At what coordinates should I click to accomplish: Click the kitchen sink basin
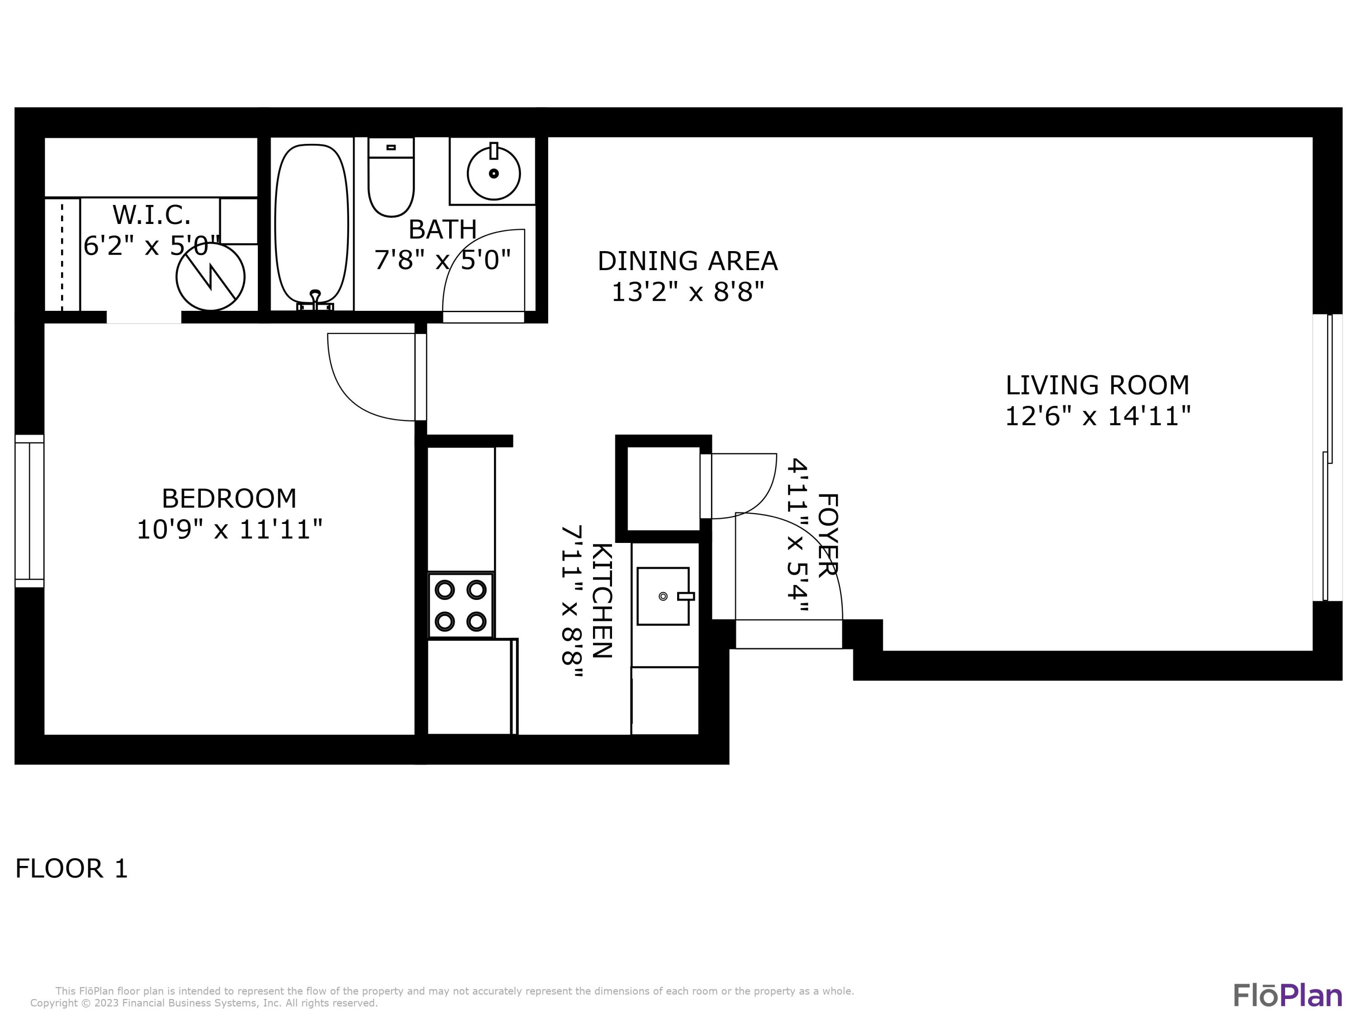[x=663, y=596]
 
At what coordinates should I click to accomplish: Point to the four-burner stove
[x=460, y=606]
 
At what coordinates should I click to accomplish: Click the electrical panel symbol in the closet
[x=210, y=277]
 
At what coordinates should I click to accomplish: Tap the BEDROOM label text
[x=229, y=498]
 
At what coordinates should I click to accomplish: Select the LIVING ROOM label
[x=1097, y=385]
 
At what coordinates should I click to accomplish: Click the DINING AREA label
[x=687, y=262]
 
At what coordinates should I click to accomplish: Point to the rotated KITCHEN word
[x=601, y=600]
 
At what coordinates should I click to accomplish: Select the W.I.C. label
[x=152, y=215]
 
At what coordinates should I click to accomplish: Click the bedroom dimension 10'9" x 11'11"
[x=229, y=529]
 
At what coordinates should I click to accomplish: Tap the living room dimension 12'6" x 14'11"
[x=1097, y=417]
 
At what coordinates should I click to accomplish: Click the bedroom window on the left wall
[x=29, y=510]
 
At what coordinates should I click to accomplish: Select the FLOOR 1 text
[x=71, y=869]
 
